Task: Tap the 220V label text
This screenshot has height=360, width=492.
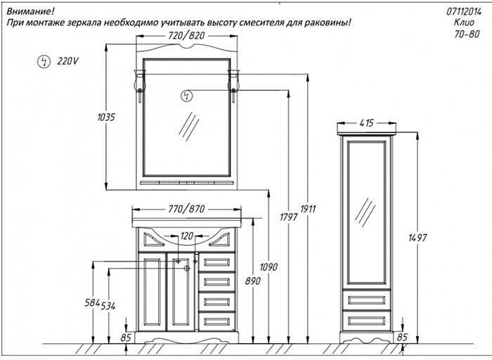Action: click(x=67, y=61)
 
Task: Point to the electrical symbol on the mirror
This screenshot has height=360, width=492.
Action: click(x=186, y=95)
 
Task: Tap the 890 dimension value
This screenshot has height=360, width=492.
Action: click(x=252, y=281)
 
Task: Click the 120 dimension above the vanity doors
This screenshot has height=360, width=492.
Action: click(x=187, y=236)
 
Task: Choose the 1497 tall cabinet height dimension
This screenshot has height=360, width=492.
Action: click(x=417, y=238)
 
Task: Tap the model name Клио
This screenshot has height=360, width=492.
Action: click(x=472, y=22)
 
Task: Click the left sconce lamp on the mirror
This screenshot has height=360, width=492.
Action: click(x=138, y=83)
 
